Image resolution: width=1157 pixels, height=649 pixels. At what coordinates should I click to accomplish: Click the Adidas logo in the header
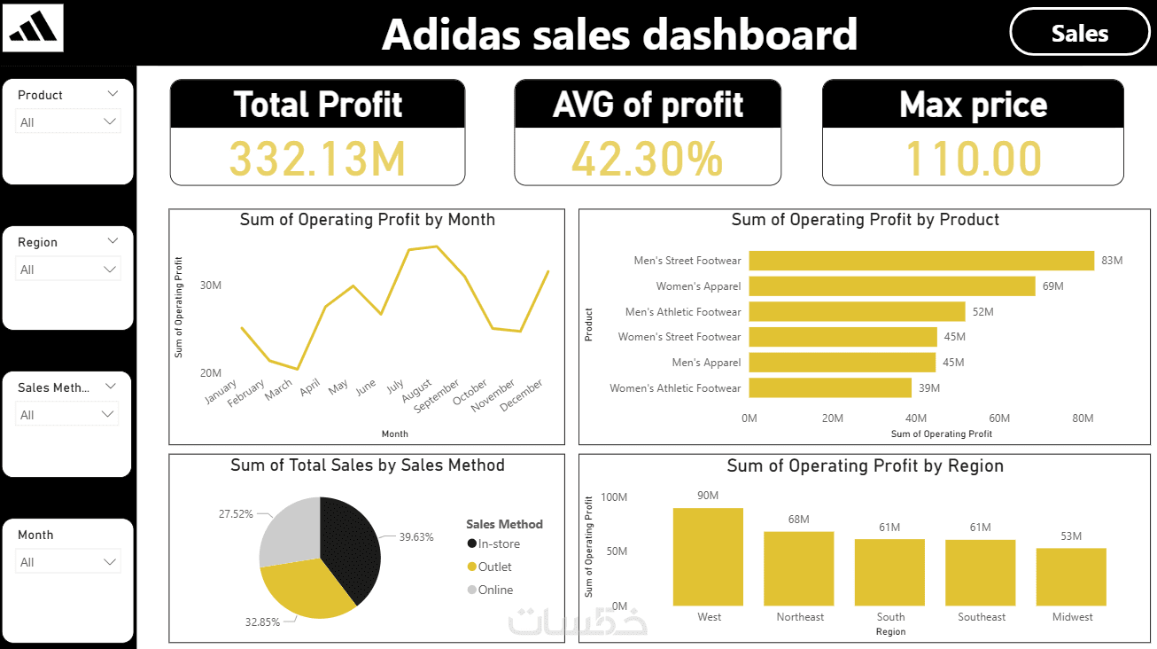point(34,28)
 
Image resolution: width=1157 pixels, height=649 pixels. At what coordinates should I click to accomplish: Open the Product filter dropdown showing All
point(68,122)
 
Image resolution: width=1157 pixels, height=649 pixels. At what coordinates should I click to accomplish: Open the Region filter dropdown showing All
point(68,270)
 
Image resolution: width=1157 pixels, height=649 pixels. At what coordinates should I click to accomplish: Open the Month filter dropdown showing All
point(68,562)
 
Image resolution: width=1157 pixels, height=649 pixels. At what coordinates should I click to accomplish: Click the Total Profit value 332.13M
point(317,159)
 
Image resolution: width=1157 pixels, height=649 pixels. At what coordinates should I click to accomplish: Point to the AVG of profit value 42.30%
point(647,159)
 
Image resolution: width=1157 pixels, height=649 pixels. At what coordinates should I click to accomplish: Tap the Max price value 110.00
point(973,159)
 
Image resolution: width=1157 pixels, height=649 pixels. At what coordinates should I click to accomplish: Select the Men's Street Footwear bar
point(921,261)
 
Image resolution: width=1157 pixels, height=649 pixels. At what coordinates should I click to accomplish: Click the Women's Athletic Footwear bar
point(830,388)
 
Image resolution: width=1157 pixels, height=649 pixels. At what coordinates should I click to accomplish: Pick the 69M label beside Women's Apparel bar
point(1052,286)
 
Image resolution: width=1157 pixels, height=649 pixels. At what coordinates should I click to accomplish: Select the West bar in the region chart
point(708,556)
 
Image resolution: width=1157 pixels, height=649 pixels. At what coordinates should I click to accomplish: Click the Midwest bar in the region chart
point(1071,576)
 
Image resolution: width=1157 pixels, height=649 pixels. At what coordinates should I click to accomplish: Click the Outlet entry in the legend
point(494,567)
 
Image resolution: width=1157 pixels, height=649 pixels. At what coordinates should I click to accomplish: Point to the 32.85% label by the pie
point(262,622)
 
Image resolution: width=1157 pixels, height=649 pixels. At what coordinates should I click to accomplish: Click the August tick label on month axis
point(416,391)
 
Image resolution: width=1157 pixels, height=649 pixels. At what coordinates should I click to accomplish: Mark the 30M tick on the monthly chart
point(210,285)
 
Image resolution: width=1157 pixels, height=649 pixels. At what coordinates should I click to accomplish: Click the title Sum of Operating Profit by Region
point(865,465)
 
